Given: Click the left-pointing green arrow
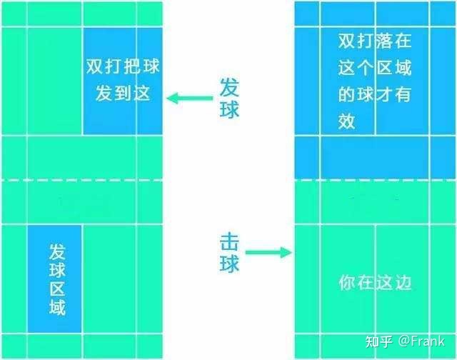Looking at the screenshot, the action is tap(189, 99).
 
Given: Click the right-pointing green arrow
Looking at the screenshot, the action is tap(268, 252).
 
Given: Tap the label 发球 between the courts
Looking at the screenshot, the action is tap(229, 99).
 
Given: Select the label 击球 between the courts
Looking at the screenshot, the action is tap(229, 252).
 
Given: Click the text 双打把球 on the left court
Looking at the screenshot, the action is tap(123, 66).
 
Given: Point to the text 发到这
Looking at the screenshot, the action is tap(123, 94).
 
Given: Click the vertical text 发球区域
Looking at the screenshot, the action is tap(57, 279).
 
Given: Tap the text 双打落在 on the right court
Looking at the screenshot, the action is tap(375, 41).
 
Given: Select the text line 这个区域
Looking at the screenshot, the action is tap(375, 68).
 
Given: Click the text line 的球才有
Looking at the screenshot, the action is tap(375, 94).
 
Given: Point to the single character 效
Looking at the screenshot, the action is tap(346, 121).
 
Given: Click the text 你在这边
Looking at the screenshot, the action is tap(375, 282).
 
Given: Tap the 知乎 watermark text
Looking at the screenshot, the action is tap(379, 341).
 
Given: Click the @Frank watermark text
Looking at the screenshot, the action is tap(421, 341).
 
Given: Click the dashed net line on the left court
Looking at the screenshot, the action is tap(82, 181).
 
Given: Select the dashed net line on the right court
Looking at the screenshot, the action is tap(376, 181).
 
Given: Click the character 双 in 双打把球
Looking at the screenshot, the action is tap(95, 66).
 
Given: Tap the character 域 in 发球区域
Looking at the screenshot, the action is tap(57, 307).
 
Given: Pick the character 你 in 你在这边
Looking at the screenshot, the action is tap(348, 282).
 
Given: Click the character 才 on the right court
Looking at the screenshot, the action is tap(384, 94).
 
